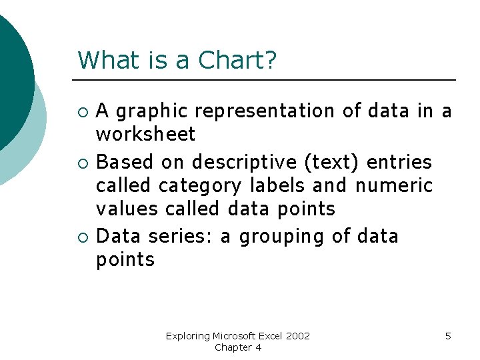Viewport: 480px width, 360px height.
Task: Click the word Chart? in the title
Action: (237, 60)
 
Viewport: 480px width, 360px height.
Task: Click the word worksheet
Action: (145, 135)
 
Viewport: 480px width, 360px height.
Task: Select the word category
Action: (201, 185)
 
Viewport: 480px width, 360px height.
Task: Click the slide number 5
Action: (448, 336)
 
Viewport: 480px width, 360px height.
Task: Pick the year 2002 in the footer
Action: (297, 336)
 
